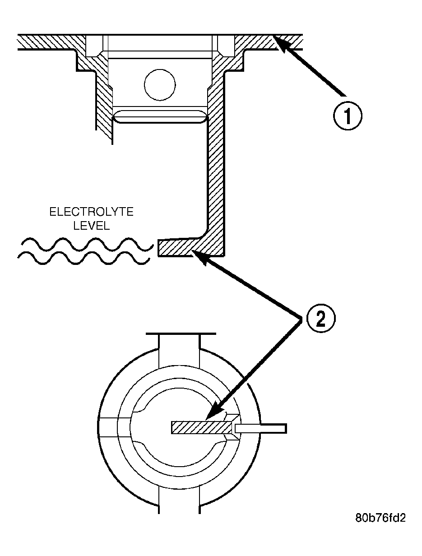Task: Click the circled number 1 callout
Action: [x=347, y=116]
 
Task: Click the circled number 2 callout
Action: [x=321, y=318]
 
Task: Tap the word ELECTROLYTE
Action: [x=91, y=212]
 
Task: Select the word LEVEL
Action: [x=92, y=226]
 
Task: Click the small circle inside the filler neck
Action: [x=160, y=84]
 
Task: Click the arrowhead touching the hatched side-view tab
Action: [x=199, y=257]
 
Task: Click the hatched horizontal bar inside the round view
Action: [x=202, y=427]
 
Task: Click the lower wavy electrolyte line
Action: [x=83, y=258]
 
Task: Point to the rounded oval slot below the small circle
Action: [x=160, y=117]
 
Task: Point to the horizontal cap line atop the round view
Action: [x=181, y=334]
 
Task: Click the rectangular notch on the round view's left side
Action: [x=108, y=427]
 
